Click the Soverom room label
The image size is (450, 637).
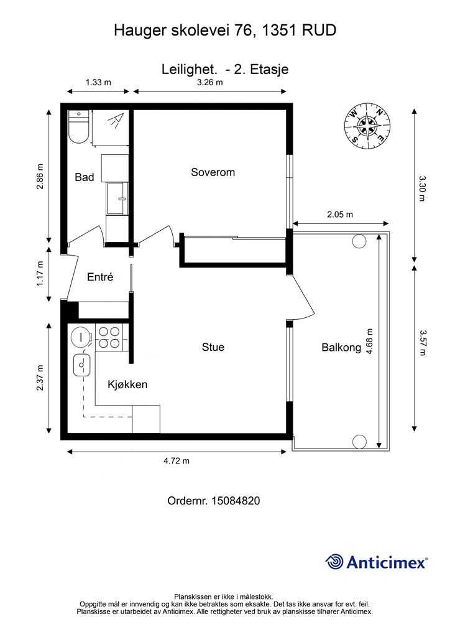pyautogui.click(x=213, y=172)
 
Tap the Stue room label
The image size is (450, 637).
pyautogui.click(x=213, y=347)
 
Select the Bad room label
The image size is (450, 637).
pyautogui.click(x=85, y=177)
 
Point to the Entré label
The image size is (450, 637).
pyautogui.click(x=100, y=277)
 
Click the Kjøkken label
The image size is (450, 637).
pyautogui.click(x=127, y=384)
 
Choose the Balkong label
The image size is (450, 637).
pyautogui.click(x=341, y=347)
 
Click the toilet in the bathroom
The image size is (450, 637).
pyautogui.click(x=78, y=127)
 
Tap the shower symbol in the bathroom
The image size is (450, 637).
pyautogui.click(x=116, y=120)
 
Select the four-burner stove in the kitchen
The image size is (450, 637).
pyautogui.click(x=109, y=338)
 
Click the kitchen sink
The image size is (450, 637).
pyautogui.click(x=82, y=365)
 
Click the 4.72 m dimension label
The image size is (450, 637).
pyautogui.click(x=177, y=461)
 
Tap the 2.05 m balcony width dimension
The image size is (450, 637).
pyautogui.click(x=340, y=215)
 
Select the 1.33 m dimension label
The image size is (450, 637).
pyautogui.click(x=98, y=83)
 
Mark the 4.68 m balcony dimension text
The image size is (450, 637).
pyautogui.click(x=369, y=342)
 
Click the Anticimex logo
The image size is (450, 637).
pyautogui.click(x=376, y=562)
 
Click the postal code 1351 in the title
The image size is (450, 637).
pyautogui.click(x=280, y=30)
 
